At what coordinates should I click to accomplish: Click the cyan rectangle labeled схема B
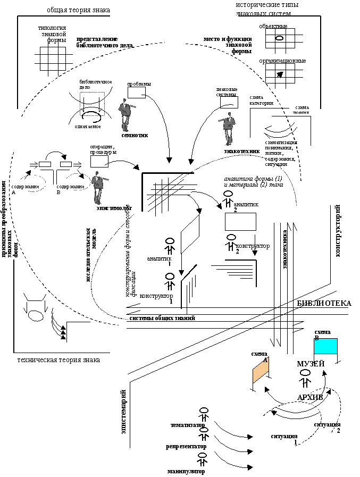tap(325, 346)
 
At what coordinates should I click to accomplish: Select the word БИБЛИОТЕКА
tap(324, 303)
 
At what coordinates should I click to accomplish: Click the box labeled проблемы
tap(136, 92)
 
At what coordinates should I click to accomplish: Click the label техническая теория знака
tap(58, 360)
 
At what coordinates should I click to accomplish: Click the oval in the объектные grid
tap(279, 38)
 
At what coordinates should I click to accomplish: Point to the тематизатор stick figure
tap(204, 414)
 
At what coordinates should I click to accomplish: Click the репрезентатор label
tap(186, 447)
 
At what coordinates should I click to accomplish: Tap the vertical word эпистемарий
tap(123, 412)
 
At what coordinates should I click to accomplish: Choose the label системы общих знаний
tap(162, 318)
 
